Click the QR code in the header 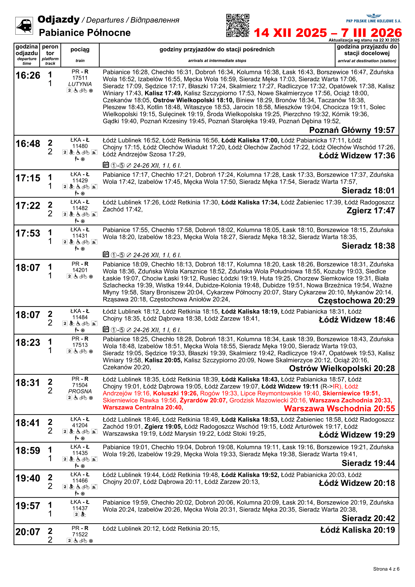(238, 25)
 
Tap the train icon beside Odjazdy (24, 26)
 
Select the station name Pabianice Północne (85, 33)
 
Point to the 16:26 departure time (28, 76)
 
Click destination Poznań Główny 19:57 (352, 130)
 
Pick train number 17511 (80, 78)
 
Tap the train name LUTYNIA (80, 84)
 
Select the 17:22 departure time (28, 206)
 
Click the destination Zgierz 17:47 (371, 211)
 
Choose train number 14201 (80, 270)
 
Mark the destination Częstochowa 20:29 (356, 301)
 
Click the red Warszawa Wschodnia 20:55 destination (339, 409)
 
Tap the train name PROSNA (80, 392)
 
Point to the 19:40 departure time (28, 478)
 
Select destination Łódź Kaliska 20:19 (358, 530)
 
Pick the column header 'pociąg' (80, 50)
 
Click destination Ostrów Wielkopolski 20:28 (342, 368)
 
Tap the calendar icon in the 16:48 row (106, 165)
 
